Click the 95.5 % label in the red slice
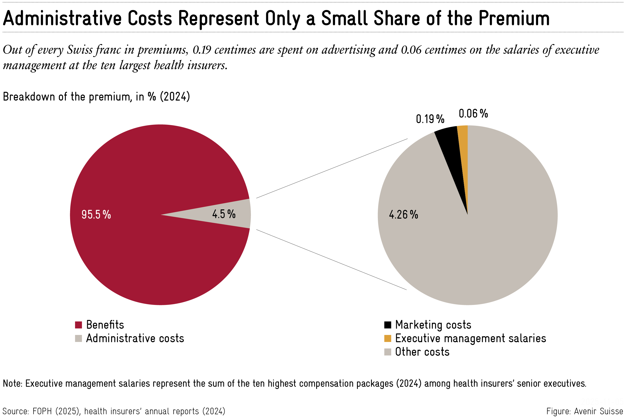click(96, 215)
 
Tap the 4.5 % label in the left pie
click(224, 214)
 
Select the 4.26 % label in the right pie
click(403, 215)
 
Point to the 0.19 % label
click(430, 119)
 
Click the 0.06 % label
click(473, 114)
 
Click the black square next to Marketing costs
click(388, 325)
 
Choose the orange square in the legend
click(388, 338)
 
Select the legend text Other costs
click(422, 352)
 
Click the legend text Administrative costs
click(135, 338)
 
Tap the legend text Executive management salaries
click(470, 338)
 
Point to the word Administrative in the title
click(62, 19)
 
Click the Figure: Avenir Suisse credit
click(584, 411)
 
